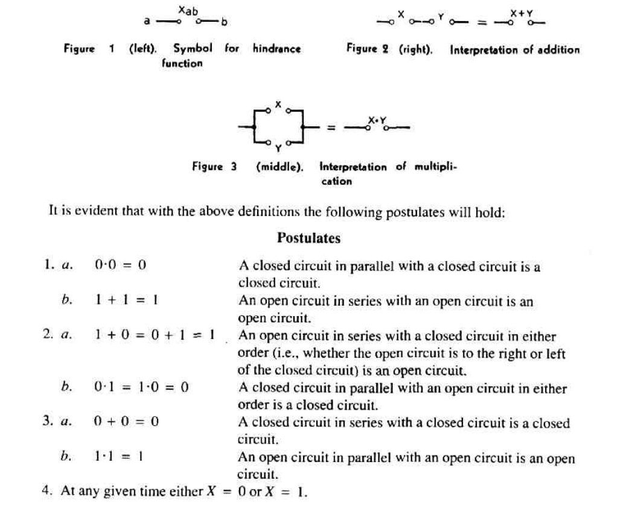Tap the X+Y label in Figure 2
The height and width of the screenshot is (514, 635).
[x=522, y=13]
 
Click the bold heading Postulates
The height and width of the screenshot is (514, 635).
[x=308, y=238]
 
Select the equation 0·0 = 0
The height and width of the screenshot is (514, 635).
[x=121, y=265]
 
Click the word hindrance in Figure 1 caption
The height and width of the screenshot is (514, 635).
[x=276, y=49]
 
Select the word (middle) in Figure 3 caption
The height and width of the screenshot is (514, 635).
[x=279, y=167]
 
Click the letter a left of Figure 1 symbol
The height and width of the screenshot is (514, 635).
[x=146, y=22]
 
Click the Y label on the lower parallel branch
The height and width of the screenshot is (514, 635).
[x=278, y=148]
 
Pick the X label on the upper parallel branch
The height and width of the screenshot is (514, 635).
[x=278, y=104]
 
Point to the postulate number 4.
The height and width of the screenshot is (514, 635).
[x=45, y=491]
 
